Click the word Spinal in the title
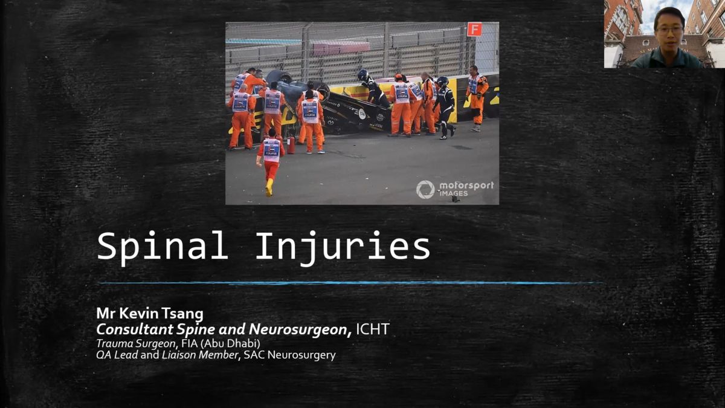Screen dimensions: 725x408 click(x=162, y=247)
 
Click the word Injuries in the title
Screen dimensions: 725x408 click(x=343, y=247)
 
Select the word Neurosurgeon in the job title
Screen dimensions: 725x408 click(x=300, y=329)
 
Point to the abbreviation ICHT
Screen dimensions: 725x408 click(x=373, y=329)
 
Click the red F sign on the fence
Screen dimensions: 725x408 click(x=474, y=29)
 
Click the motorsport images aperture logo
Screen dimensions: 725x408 click(x=425, y=189)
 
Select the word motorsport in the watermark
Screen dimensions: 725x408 click(x=466, y=186)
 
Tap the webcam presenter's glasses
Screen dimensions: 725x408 click(x=669, y=31)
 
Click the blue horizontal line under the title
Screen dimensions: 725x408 click(x=351, y=283)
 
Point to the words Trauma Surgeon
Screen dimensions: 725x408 click(x=136, y=343)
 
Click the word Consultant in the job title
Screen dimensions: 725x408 click(x=135, y=329)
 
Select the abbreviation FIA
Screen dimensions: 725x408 click(x=189, y=343)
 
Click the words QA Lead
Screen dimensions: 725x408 click(x=117, y=355)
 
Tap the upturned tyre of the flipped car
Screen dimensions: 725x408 click(x=279, y=76)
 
